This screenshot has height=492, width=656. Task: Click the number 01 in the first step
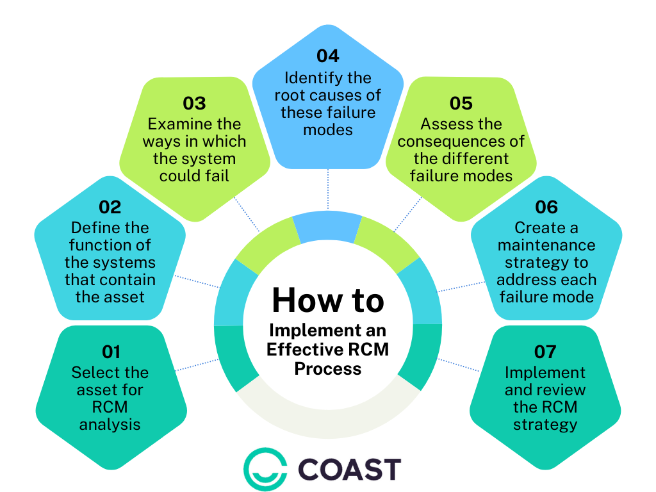coord(111,352)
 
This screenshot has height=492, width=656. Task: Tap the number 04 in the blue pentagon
coord(327,56)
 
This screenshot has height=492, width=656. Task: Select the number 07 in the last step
coord(545,352)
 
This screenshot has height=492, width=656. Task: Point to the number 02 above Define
coord(110,207)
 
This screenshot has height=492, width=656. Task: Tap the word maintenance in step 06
coord(546,245)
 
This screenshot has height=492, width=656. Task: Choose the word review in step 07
coord(564,389)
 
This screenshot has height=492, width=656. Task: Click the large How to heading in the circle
coord(327,300)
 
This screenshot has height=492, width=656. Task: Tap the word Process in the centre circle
coord(327,369)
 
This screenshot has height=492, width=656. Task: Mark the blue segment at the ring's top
coord(327,227)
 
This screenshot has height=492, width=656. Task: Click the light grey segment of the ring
coord(327,416)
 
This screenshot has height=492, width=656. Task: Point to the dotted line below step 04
coord(328,190)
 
